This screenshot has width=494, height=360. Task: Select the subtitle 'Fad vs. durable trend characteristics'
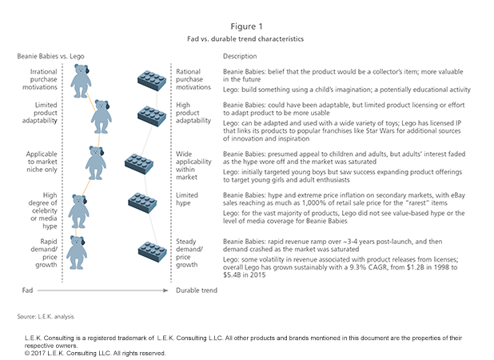(x=246, y=38)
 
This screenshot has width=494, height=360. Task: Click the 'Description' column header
(x=240, y=57)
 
